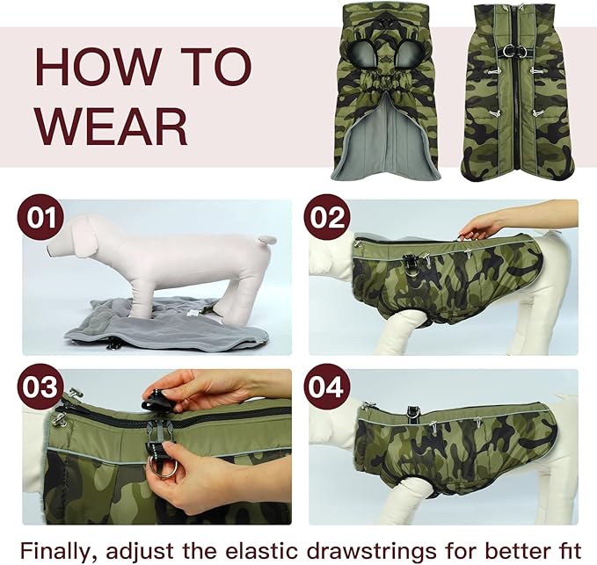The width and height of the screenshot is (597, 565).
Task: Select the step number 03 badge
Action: point(40,388)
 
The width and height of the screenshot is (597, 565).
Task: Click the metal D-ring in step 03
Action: point(164,465)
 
